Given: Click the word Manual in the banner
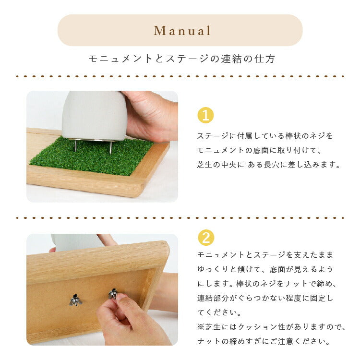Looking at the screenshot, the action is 182,31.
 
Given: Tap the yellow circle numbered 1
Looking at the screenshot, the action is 205,115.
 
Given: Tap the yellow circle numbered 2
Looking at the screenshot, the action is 206,238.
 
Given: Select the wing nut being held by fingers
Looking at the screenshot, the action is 113,294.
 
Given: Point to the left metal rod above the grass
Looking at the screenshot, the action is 75,145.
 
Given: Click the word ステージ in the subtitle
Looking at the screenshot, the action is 187,59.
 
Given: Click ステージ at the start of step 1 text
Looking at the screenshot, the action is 213,136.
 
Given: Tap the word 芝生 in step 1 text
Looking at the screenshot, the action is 205,165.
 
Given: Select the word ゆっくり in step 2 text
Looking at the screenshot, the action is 213,269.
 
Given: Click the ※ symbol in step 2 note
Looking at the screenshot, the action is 201,327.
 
